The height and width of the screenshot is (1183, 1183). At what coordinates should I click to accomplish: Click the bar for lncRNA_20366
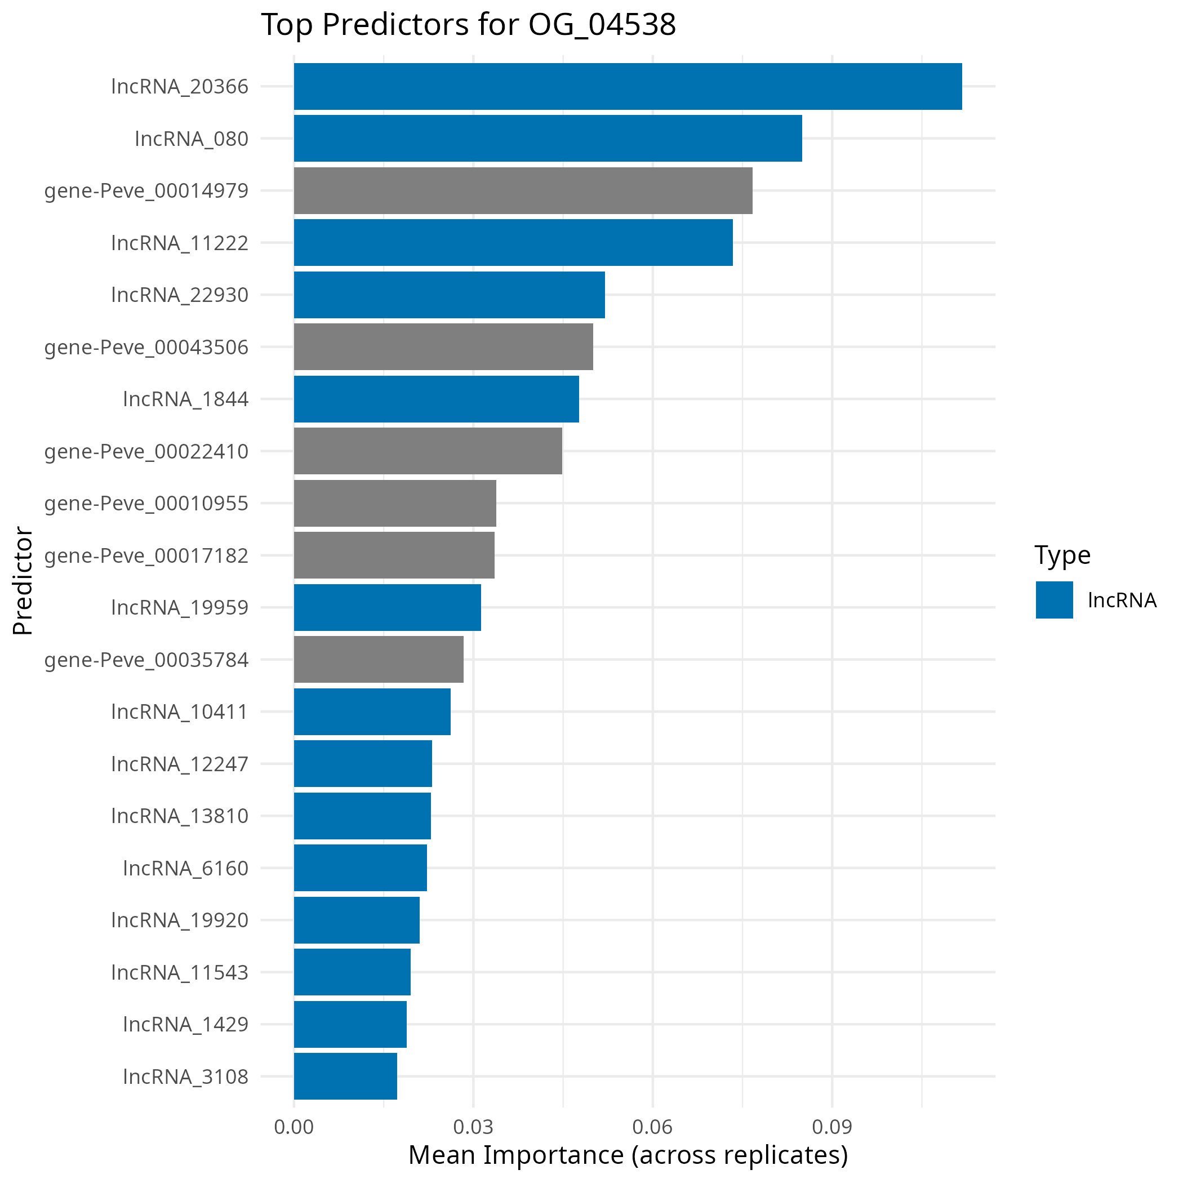(628, 86)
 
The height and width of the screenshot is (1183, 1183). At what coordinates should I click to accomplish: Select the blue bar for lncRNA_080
(548, 139)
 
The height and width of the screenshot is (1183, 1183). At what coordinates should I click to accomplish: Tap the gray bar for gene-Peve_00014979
(523, 190)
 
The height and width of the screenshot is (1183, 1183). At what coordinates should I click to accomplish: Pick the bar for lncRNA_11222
(513, 242)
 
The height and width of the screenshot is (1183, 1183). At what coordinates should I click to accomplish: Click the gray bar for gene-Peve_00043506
(443, 346)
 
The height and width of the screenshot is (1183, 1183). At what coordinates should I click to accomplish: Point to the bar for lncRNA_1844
(436, 399)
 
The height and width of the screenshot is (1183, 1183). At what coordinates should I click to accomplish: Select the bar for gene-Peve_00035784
(379, 660)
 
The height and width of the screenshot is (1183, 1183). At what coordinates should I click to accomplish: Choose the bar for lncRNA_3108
(345, 1076)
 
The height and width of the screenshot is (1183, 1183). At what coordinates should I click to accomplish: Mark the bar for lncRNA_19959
(387, 607)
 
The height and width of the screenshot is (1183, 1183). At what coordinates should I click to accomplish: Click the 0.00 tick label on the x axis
(294, 1127)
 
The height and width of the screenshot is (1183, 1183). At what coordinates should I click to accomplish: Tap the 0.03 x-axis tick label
(473, 1127)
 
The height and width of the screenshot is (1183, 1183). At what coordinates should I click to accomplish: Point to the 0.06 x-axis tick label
(653, 1127)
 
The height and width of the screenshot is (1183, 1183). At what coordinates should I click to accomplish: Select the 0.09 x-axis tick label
(832, 1127)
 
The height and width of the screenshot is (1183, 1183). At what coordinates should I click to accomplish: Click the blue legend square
(1055, 600)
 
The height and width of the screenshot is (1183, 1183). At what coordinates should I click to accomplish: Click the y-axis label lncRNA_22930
(180, 295)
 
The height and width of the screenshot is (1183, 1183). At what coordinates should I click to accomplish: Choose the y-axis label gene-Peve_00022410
(146, 451)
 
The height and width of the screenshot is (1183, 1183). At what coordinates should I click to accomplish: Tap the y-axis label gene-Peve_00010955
(146, 503)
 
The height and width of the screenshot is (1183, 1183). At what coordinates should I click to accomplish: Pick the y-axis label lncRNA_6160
(185, 868)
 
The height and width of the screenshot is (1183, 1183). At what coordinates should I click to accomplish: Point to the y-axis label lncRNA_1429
(185, 1024)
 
